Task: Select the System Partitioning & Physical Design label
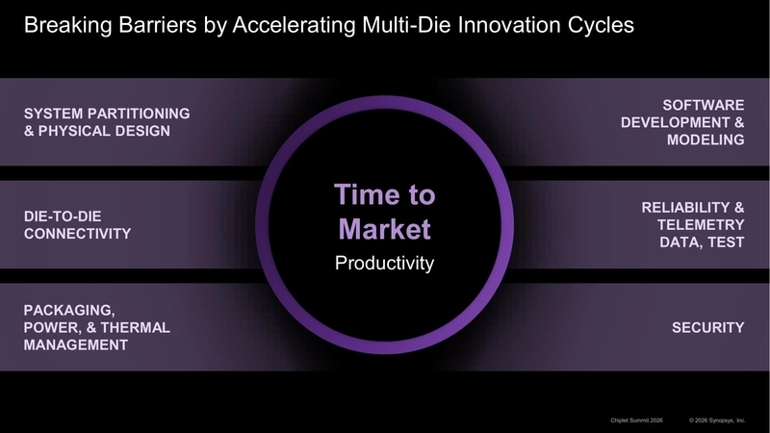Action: (107, 122)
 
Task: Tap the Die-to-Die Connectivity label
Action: (77, 224)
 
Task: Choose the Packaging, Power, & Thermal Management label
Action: (96, 327)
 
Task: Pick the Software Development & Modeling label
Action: (682, 122)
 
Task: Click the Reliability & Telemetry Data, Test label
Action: (692, 224)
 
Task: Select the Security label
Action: (707, 327)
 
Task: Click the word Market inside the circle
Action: (385, 230)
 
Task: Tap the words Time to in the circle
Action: (385, 195)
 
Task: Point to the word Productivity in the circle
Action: (385, 263)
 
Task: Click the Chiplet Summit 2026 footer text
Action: (638, 420)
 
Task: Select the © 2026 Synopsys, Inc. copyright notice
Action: (717, 420)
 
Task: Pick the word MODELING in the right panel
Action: (706, 140)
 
